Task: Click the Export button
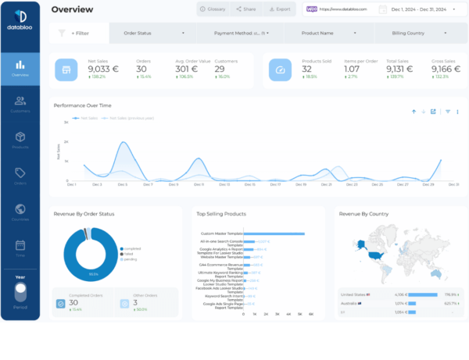(x=280, y=9)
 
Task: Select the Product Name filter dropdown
(x=326, y=34)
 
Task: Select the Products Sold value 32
(x=307, y=69)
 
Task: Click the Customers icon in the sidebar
(x=20, y=103)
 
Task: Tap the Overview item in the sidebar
(x=20, y=69)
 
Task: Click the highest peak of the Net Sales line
(x=122, y=143)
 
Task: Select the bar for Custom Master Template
(x=274, y=233)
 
